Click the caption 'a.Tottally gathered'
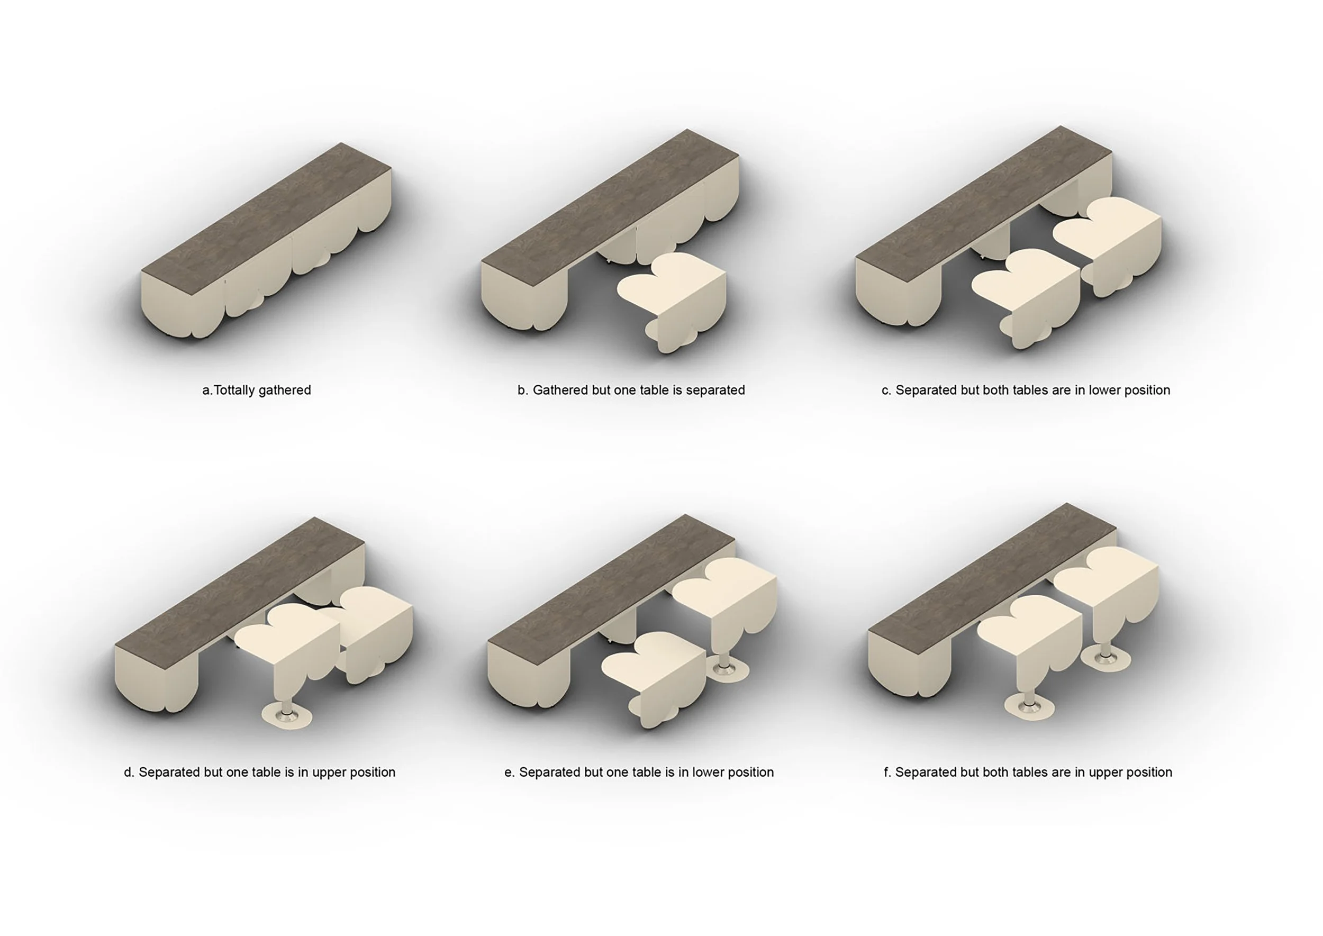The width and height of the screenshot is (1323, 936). tap(257, 390)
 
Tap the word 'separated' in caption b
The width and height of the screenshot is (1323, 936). tap(715, 390)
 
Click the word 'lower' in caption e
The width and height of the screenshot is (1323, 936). tap(709, 773)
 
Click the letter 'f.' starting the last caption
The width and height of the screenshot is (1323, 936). tap(887, 773)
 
